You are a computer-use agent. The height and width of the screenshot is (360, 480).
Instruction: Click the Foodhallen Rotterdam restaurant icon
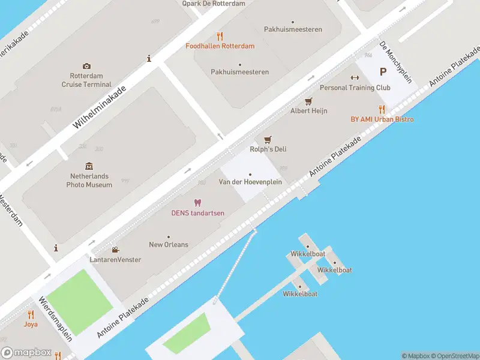(x=220, y=36)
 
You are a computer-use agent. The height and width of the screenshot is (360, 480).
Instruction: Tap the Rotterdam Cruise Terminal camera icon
(x=87, y=66)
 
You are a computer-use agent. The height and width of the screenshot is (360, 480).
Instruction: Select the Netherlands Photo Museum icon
(x=89, y=166)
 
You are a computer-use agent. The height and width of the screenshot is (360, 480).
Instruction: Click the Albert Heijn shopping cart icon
(x=309, y=101)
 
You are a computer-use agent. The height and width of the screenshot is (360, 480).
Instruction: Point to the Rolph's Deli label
(x=268, y=149)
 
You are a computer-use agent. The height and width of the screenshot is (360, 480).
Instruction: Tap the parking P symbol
(x=383, y=72)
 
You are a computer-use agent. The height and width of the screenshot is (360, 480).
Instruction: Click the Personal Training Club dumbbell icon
(x=355, y=78)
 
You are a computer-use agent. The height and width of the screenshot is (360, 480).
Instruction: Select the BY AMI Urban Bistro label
(x=382, y=119)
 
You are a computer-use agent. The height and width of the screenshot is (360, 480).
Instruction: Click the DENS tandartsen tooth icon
(x=197, y=203)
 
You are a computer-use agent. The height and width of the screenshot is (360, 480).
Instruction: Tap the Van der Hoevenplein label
(x=250, y=182)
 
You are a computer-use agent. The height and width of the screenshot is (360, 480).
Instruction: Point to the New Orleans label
(x=169, y=245)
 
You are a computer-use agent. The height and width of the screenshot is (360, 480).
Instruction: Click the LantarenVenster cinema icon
(x=115, y=250)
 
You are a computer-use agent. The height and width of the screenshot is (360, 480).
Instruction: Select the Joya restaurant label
(x=31, y=324)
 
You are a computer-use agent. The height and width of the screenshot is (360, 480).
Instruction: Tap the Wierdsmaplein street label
(x=55, y=319)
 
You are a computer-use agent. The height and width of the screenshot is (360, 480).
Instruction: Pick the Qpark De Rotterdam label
(x=214, y=4)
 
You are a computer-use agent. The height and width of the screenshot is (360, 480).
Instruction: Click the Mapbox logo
(x=26, y=353)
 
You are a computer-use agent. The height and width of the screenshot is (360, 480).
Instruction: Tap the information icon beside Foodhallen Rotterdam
(x=149, y=58)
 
